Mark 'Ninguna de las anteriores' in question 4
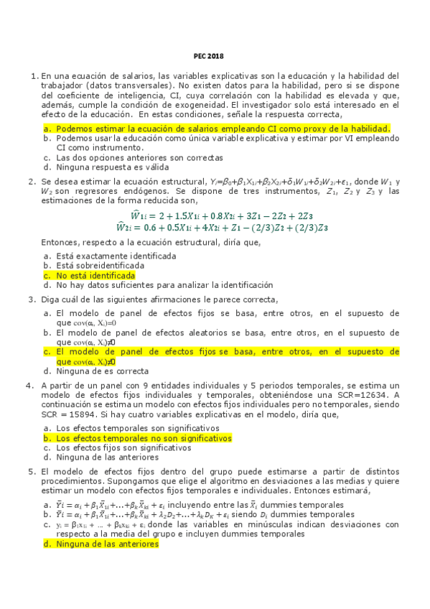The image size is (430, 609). [x=106, y=457]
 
